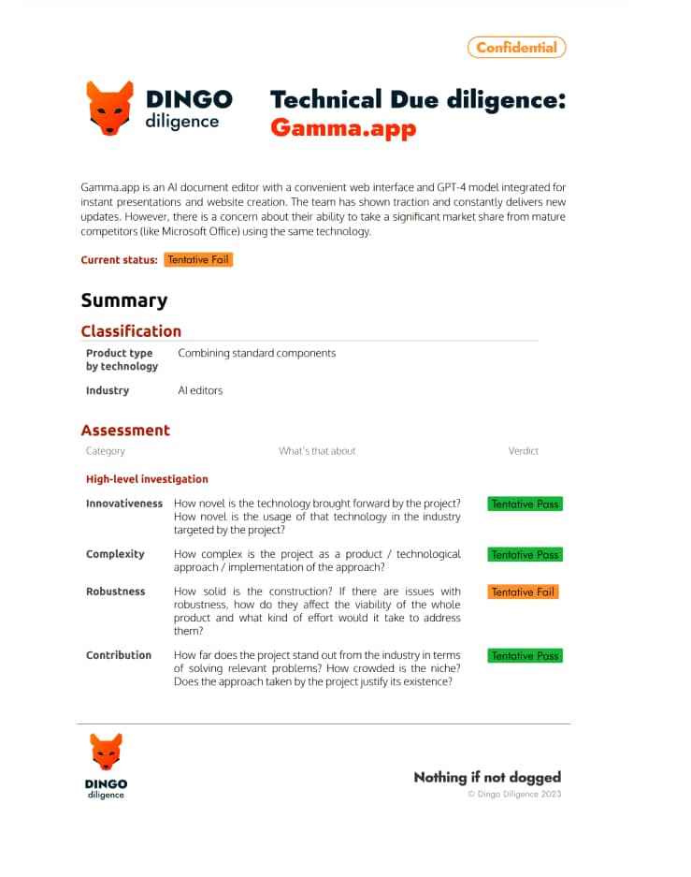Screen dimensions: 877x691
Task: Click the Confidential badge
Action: click(516, 47)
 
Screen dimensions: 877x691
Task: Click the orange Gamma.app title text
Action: click(343, 127)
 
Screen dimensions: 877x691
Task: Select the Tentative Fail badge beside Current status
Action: click(197, 259)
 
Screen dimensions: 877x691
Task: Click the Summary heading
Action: click(124, 300)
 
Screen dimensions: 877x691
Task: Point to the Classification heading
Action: click(131, 330)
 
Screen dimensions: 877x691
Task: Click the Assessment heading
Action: click(125, 431)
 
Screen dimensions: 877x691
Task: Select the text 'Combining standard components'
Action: click(256, 353)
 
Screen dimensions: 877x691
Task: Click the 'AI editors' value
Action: click(200, 390)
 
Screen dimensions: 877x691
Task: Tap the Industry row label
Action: click(108, 390)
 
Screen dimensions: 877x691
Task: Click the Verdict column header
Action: click(524, 451)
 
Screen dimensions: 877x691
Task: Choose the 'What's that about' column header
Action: click(317, 451)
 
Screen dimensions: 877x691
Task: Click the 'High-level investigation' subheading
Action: click(147, 479)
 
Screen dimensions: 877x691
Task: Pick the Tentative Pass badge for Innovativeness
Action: click(525, 504)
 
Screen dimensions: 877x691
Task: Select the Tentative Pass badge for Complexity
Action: click(525, 554)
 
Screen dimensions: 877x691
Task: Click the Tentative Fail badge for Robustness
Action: click(523, 592)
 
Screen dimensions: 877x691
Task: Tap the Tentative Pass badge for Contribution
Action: click(525, 656)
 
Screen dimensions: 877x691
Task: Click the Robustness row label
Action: click(116, 592)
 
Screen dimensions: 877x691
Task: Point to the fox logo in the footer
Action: click(107, 753)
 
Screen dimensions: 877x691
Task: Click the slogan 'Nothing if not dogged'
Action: click(487, 777)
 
